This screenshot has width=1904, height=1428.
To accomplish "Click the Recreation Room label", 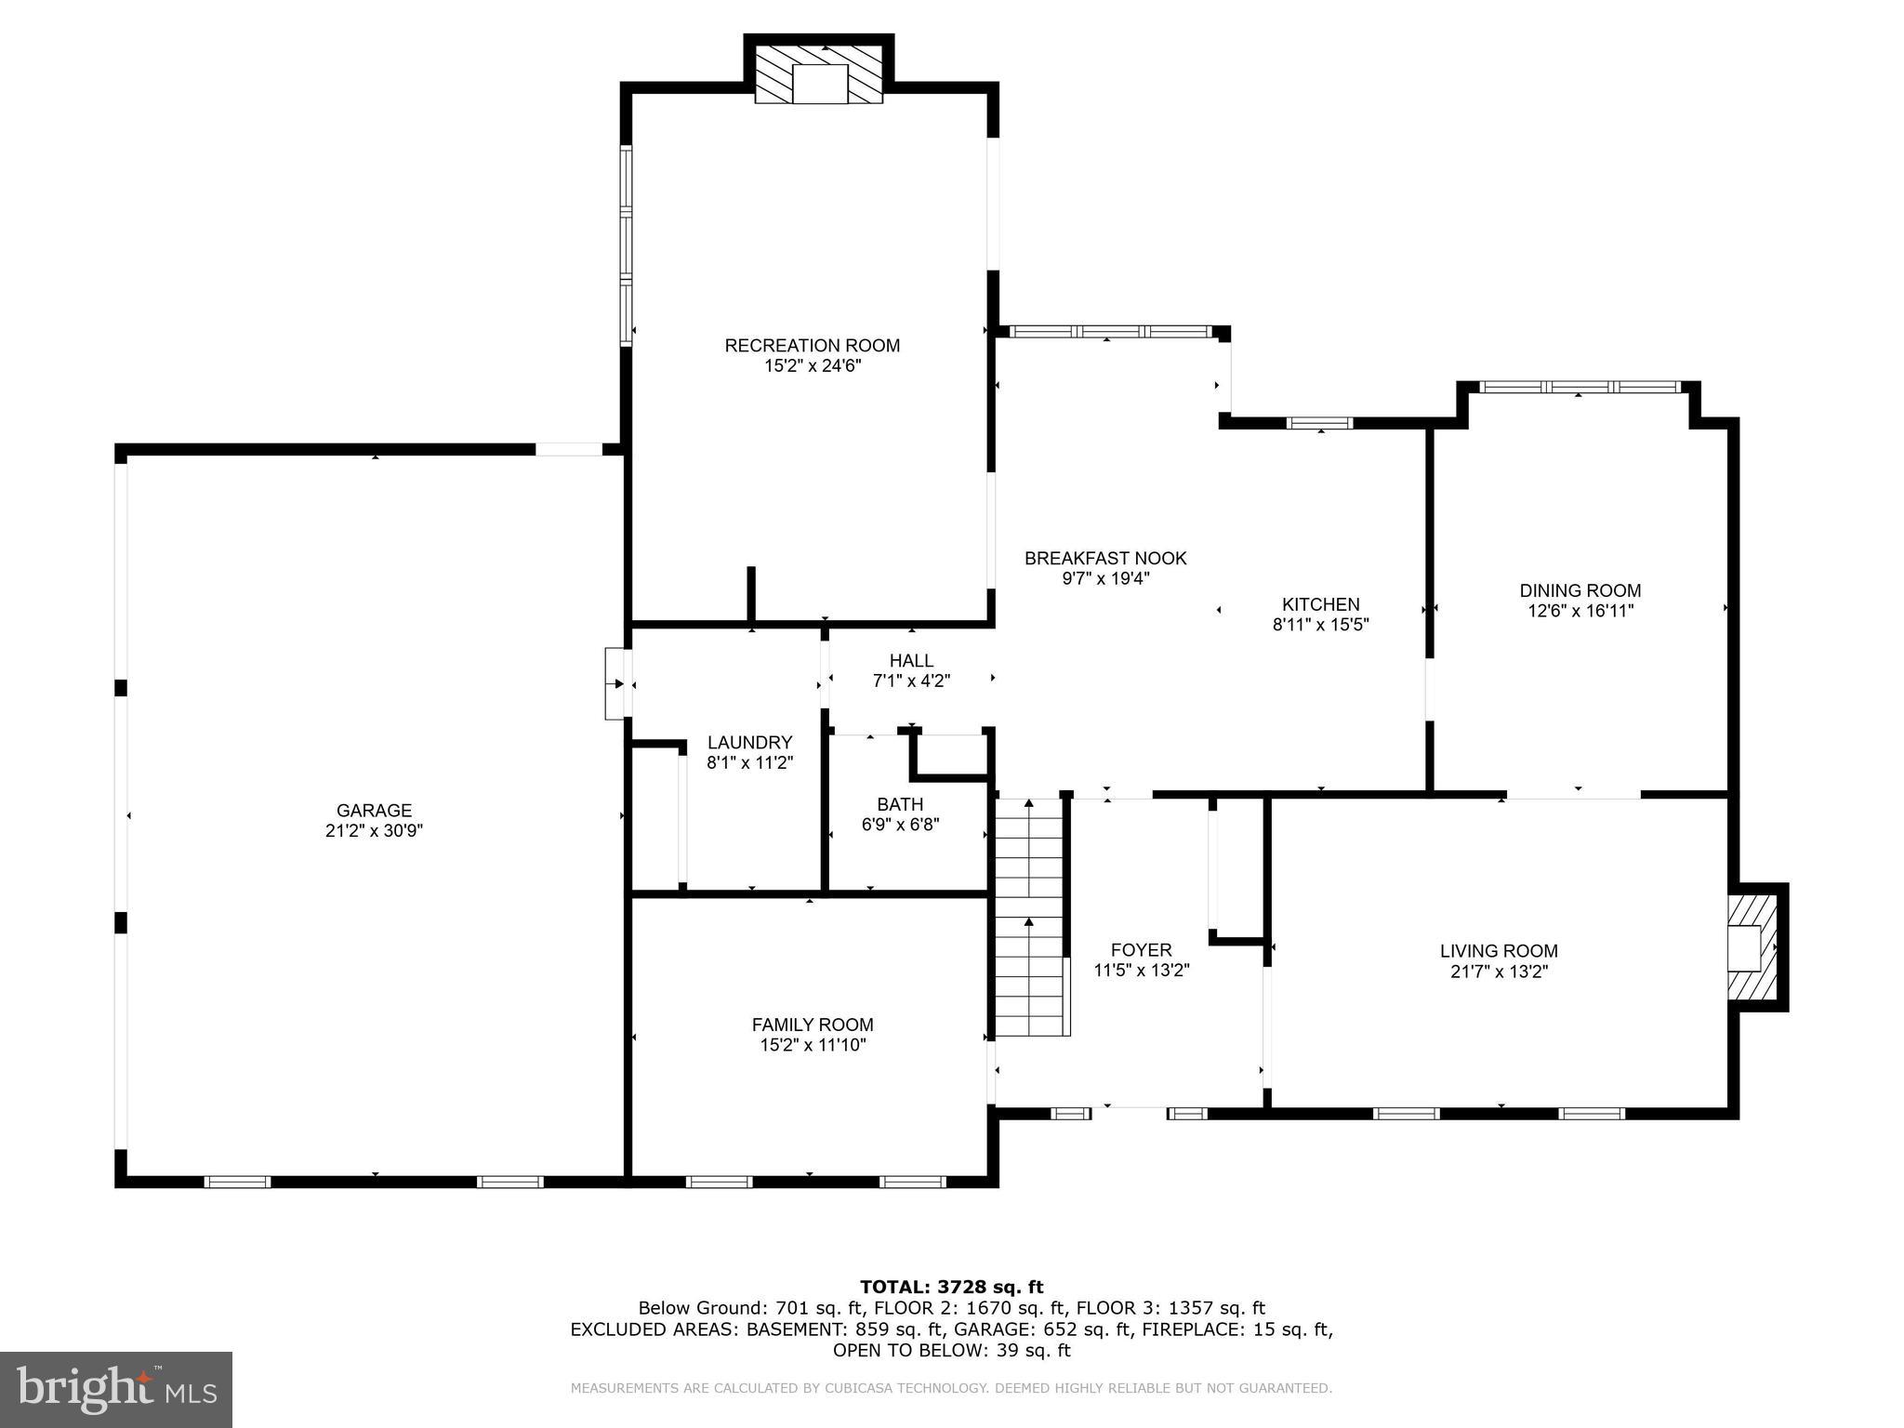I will click(x=812, y=346).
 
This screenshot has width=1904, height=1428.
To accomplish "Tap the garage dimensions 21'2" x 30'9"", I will click(x=374, y=831).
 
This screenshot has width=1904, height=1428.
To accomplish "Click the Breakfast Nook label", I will click(x=1104, y=559).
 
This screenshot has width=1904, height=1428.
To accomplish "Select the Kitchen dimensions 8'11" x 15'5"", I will click(x=1320, y=625).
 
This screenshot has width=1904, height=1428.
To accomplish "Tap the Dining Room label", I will click(x=1580, y=590).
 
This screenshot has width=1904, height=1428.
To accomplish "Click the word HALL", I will click(x=911, y=661).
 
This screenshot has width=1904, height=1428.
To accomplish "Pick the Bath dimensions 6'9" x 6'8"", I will click(x=900, y=825).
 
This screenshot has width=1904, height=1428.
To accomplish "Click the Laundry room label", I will click(x=749, y=743).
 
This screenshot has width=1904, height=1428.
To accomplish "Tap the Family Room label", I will click(x=812, y=1025).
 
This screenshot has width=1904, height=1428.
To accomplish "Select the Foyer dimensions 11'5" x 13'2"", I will click(x=1141, y=971).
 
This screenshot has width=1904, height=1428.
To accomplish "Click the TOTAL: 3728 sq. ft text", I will click(x=951, y=1287).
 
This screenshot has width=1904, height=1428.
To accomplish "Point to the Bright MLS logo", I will click(x=115, y=1389).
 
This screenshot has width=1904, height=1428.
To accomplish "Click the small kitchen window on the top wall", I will click(x=1319, y=424).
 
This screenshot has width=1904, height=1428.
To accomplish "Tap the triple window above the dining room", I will click(x=1580, y=387).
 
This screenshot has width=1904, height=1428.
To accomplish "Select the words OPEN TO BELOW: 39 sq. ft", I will click(x=951, y=1351).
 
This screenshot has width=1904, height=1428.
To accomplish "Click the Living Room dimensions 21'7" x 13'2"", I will click(x=1498, y=972).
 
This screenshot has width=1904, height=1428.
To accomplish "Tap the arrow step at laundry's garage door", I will click(x=617, y=684).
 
